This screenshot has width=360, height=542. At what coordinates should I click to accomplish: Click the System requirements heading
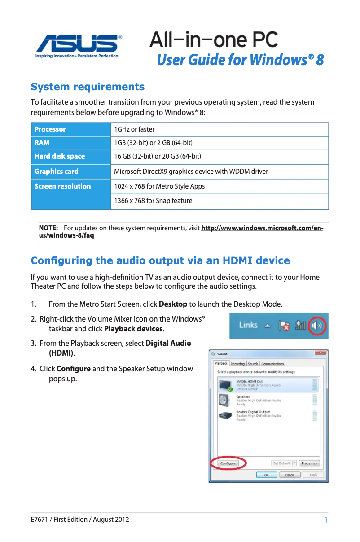coord(87,87)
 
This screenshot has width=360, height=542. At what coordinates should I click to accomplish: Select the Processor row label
coord(50,129)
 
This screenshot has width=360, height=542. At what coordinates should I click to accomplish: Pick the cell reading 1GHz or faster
coord(134,129)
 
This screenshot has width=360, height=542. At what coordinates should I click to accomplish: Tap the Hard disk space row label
coord(60,156)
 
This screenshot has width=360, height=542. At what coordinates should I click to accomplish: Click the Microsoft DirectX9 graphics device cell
coord(191,171)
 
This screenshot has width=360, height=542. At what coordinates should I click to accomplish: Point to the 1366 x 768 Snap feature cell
coord(153,201)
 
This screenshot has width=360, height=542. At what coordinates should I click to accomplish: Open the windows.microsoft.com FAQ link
coord(262,229)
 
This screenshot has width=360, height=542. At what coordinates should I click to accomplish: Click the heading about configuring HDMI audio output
coord(160,261)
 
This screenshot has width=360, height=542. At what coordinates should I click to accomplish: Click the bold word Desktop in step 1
coord(173,304)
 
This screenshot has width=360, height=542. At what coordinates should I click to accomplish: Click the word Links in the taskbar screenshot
coord(248,325)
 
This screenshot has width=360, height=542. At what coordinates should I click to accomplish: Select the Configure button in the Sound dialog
coord(228,463)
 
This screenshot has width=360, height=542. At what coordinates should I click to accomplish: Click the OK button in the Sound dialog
coord(266,475)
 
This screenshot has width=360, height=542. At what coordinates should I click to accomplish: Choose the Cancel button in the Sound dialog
coord(290,475)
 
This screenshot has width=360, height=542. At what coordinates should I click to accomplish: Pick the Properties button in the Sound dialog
coord(309,463)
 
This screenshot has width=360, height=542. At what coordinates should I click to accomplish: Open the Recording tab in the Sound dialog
coord(237,364)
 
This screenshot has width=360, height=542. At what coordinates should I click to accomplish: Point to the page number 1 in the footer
coord(325,520)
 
